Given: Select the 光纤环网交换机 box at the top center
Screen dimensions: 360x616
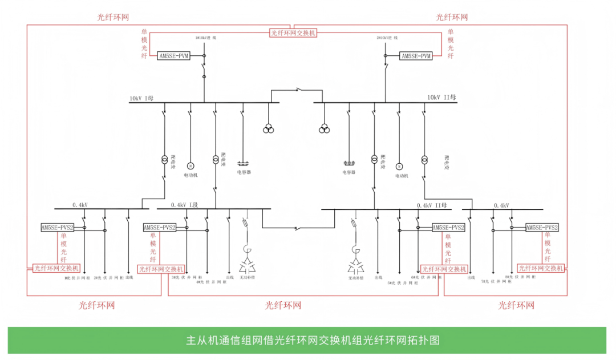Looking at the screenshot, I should [293, 33].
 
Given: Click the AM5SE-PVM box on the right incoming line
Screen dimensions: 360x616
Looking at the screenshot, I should [416, 56].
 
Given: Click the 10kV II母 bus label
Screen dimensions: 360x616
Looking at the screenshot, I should [442, 98].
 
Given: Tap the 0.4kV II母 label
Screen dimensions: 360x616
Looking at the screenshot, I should [432, 205].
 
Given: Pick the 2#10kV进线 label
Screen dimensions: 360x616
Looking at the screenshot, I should [387, 38].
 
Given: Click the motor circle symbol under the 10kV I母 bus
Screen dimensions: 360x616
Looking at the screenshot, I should [191, 165].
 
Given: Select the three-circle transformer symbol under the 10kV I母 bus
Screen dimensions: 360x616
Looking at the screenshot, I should [268, 129].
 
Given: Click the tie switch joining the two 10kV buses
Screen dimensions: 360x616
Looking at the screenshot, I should [297, 90].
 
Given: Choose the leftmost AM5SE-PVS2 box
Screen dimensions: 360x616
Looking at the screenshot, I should [58, 228].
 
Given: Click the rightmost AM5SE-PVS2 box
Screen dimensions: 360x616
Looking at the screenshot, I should [542, 227].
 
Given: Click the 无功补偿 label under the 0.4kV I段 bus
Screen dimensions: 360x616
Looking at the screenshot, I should [247, 278].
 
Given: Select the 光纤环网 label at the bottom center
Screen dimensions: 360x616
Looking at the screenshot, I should [283, 306].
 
